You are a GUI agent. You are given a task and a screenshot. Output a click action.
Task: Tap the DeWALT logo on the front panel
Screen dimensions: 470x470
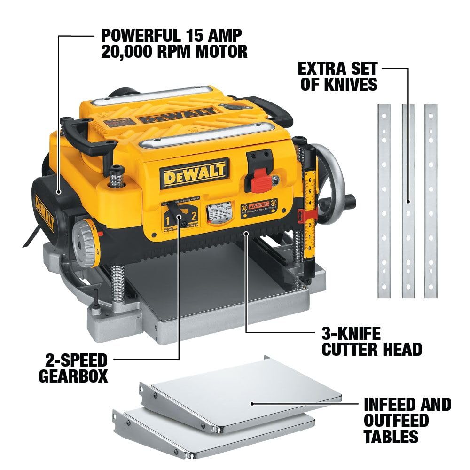coord(194,173)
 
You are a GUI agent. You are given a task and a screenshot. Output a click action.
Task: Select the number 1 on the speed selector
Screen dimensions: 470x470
coord(166,218)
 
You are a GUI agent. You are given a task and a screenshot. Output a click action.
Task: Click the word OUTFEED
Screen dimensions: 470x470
coord(396,420)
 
